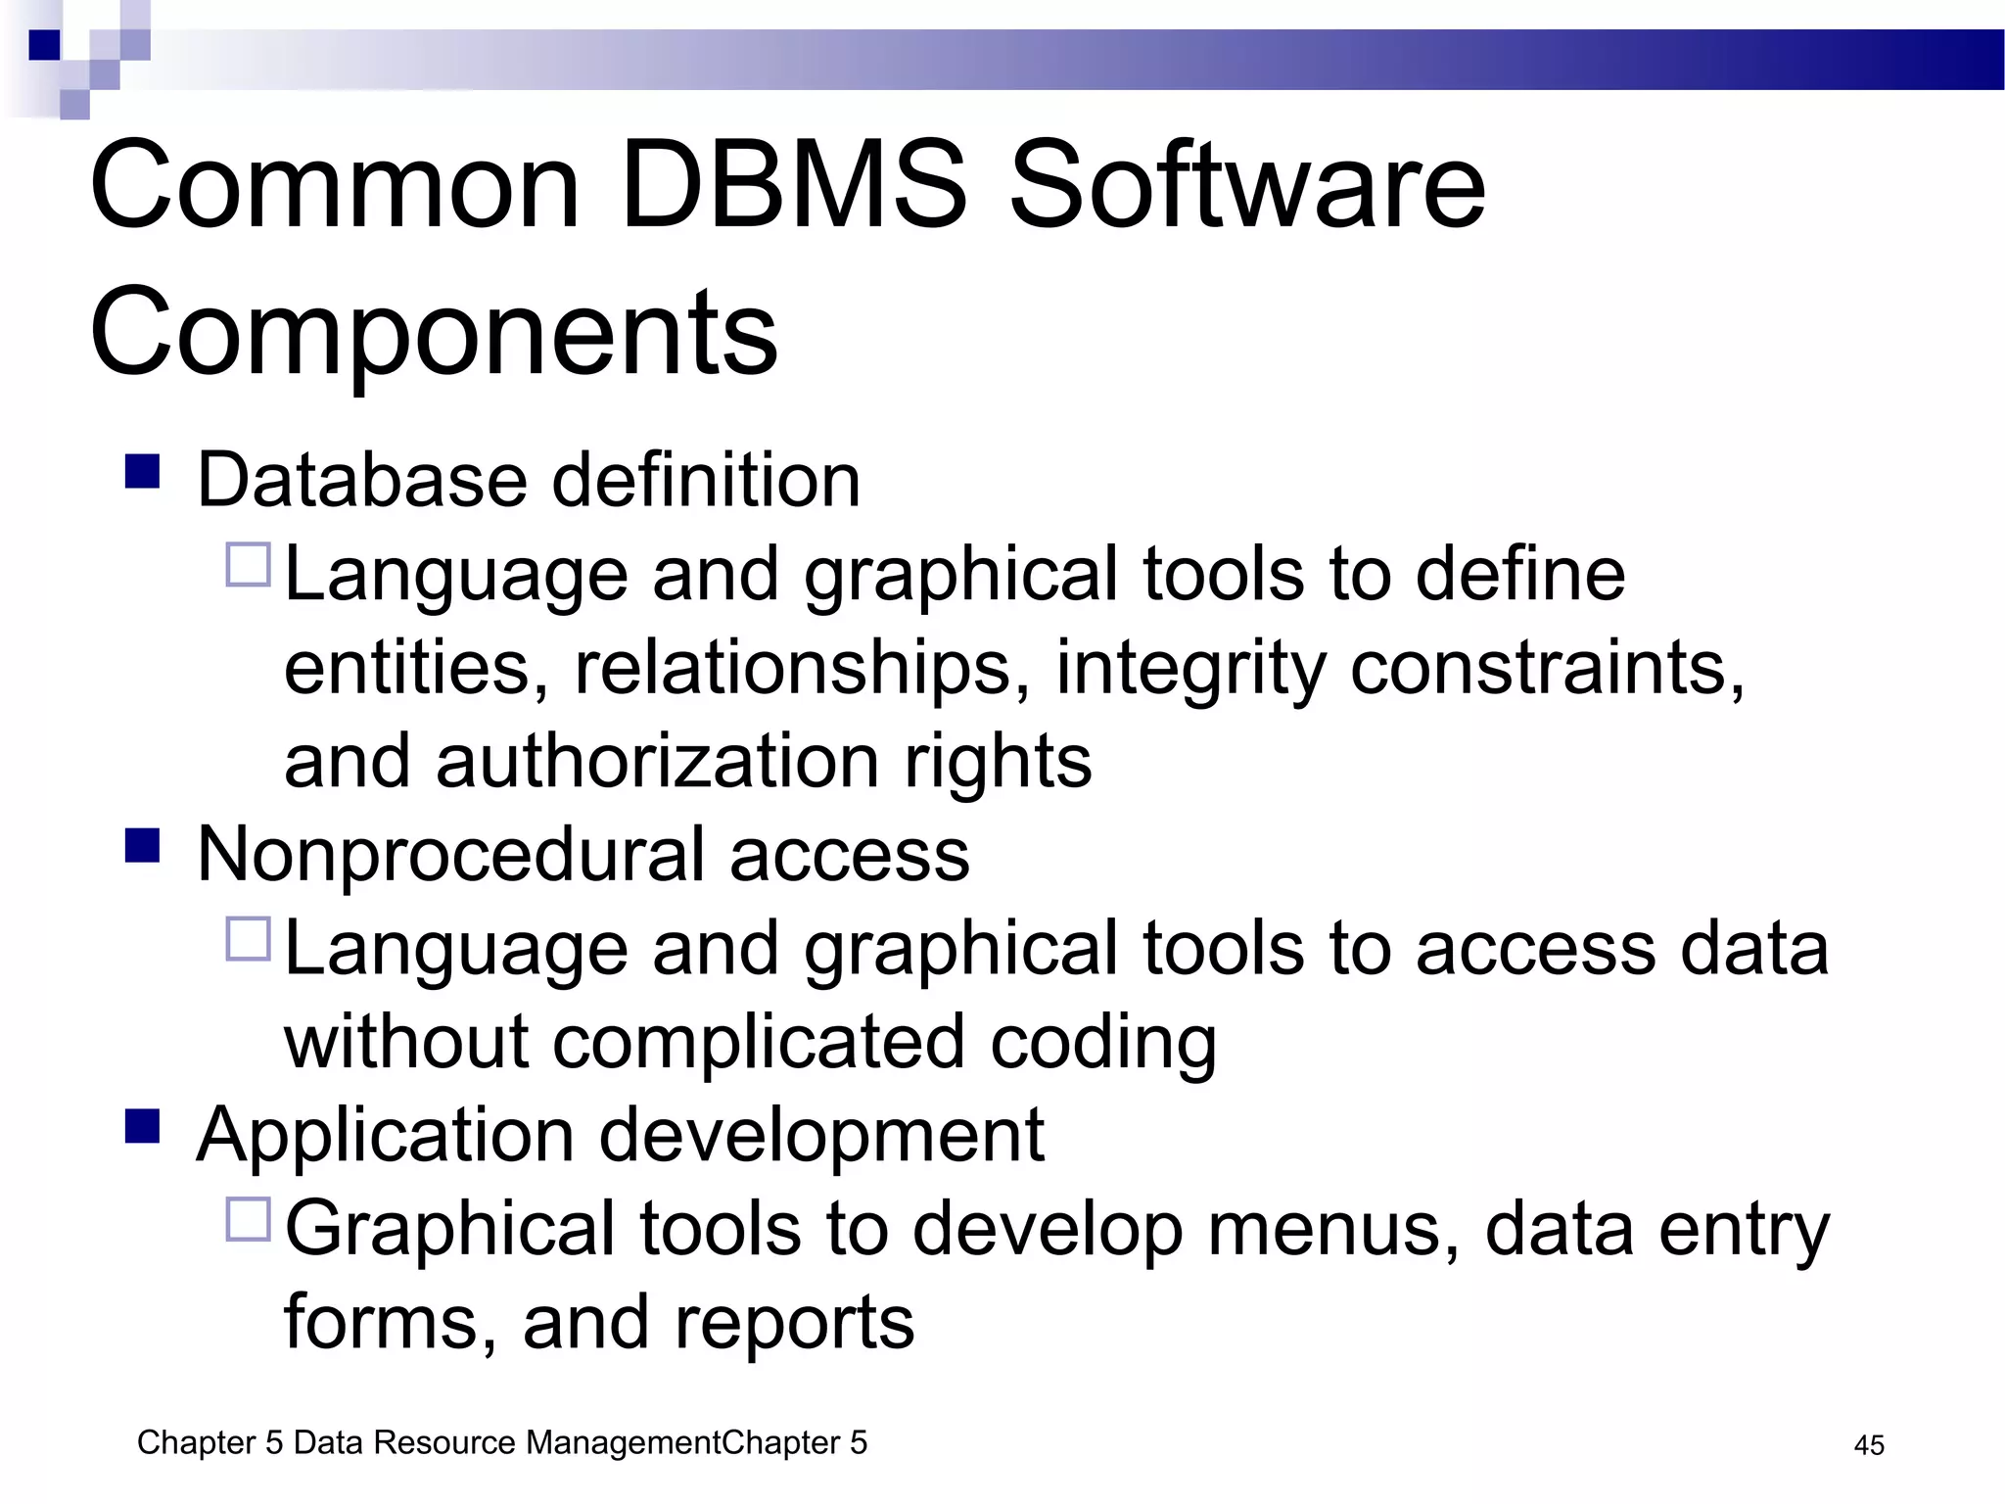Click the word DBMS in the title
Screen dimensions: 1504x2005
point(793,185)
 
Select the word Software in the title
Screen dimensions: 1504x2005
point(1246,185)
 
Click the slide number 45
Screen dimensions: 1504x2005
point(1869,1445)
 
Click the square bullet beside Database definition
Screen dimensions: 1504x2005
point(143,471)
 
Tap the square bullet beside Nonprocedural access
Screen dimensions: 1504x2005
point(143,845)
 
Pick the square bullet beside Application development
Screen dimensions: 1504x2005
point(143,1126)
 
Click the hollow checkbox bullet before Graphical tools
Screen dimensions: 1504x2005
point(248,1220)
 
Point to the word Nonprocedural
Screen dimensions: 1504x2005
point(450,855)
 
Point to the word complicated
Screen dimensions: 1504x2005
point(759,1042)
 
